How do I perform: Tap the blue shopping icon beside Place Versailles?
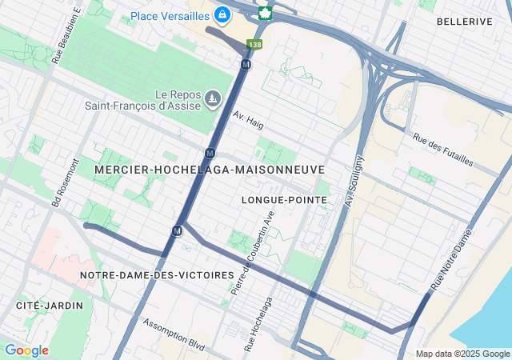(222, 14)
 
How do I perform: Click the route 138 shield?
(254, 45)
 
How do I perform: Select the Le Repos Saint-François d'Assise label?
(143, 98)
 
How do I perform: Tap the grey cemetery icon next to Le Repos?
(212, 98)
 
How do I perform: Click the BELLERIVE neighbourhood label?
(464, 22)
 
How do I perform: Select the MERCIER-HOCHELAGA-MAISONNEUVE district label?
(209, 170)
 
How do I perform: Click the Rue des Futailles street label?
(443, 150)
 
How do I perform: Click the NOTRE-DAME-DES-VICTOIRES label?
(157, 275)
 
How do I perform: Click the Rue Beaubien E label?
(68, 37)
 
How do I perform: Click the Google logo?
(26, 350)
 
